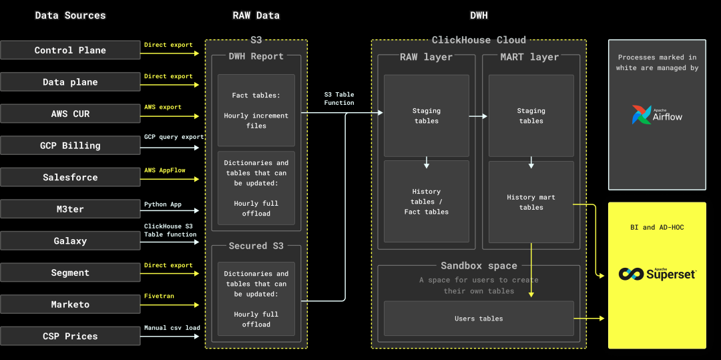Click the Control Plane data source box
tap(70, 50)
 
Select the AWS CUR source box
tap(70, 114)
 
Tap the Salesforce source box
tap(70, 177)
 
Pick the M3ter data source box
tap(70, 209)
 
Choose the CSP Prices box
tap(70, 336)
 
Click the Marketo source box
tap(70, 305)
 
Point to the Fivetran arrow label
tap(161, 296)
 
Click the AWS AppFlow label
tap(164, 170)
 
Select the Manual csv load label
tap(172, 328)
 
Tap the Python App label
tap(163, 204)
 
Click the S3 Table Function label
tap(339, 99)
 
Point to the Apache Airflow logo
tap(658, 115)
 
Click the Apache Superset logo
tap(657, 273)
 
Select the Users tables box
tap(479, 319)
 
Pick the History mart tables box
tap(531, 202)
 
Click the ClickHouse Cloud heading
tap(479, 40)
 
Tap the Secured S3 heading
tap(256, 246)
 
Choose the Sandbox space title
tap(479, 266)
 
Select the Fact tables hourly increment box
tap(256, 110)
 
